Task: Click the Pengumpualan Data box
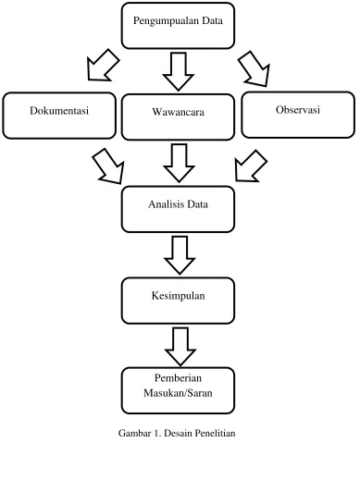pos(178,26)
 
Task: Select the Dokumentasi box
pos(59,116)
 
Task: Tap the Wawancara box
pos(178,117)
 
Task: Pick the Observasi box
pos(298,115)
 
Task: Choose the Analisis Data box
pos(178,209)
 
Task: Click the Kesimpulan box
pos(178,301)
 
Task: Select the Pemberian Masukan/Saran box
pos(178,390)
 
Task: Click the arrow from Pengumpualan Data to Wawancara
pos(179,71)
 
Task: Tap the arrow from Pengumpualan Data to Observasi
pos(254,69)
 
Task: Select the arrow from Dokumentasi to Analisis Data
pos(109,166)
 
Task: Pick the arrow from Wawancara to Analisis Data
pos(179,163)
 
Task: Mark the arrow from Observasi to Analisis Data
pos(250,166)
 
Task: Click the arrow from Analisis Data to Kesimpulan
pos(180,255)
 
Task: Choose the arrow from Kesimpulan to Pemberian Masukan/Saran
pos(180,347)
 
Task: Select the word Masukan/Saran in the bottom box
pos(178,393)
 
